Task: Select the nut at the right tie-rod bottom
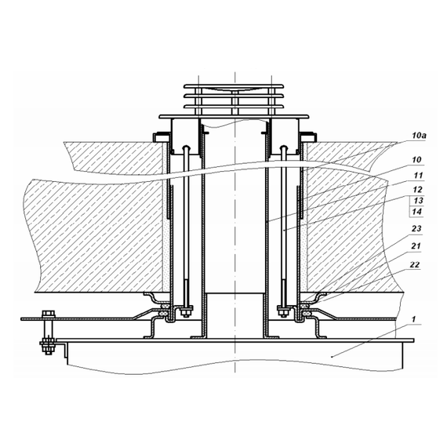tap(285, 314)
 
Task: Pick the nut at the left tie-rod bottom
tap(184, 314)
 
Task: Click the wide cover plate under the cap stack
tap(234, 117)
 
